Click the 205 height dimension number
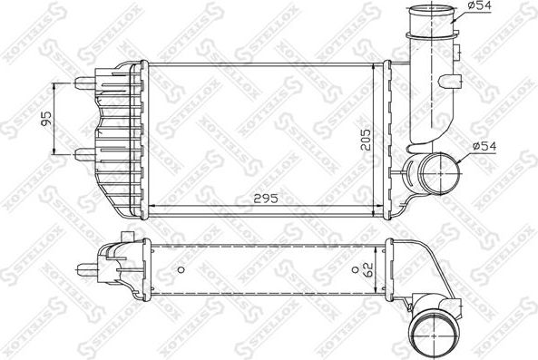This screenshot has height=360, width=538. [x=367, y=136]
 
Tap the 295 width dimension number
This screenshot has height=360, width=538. [x=263, y=197]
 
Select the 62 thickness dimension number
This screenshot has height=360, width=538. [x=367, y=268]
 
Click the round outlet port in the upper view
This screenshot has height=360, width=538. [x=430, y=170]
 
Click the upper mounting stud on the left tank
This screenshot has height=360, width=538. [x=83, y=83]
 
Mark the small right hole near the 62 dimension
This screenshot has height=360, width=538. [x=352, y=269]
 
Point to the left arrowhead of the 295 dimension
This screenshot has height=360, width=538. [x=151, y=206]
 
